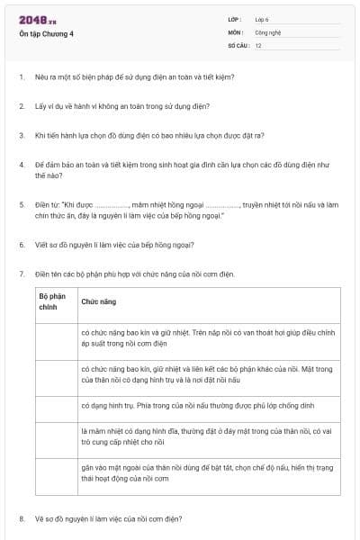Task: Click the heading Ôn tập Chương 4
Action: pyautogui.click(x=46, y=34)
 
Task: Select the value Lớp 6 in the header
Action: pyautogui.click(x=262, y=19)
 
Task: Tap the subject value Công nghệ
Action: pyautogui.click(x=267, y=31)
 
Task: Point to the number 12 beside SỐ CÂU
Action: pyautogui.click(x=258, y=44)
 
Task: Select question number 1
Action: pyautogui.click(x=22, y=76)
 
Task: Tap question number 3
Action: pyautogui.click(x=22, y=136)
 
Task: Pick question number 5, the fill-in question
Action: pyautogui.click(x=22, y=204)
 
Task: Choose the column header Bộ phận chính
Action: pyautogui.click(x=52, y=301)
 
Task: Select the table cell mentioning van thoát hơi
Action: pyautogui.click(x=208, y=337)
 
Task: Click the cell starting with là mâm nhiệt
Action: pyautogui.click(x=208, y=437)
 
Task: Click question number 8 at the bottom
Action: pyautogui.click(x=22, y=519)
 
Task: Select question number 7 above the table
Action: pyautogui.click(x=22, y=273)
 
